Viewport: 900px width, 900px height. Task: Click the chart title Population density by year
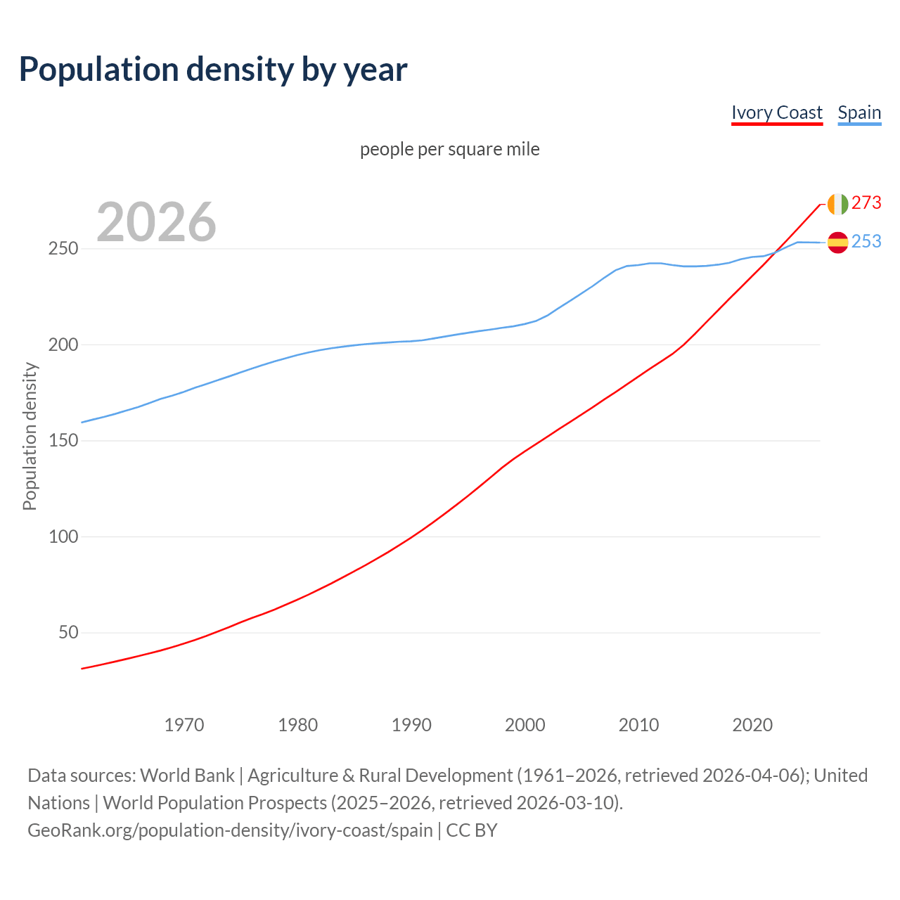coord(213,70)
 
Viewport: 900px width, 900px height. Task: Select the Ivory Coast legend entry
coord(776,112)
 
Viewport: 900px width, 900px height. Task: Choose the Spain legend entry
coord(859,112)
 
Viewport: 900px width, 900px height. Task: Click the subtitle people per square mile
coord(449,150)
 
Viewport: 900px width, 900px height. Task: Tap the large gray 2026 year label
coord(156,222)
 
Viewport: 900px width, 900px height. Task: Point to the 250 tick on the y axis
coord(63,249)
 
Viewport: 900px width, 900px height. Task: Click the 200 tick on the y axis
coord(63,345)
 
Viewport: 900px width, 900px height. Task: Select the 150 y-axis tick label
coord(63,441)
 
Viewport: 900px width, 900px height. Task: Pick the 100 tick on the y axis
coord(63,537)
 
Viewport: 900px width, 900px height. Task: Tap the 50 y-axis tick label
coord(68,633)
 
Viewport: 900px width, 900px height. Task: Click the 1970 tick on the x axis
coord(184,725)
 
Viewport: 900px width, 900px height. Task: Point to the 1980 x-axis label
coord(298,725)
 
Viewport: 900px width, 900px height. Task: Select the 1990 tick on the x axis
coord(411,725)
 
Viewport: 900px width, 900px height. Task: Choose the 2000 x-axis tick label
coord(525,725)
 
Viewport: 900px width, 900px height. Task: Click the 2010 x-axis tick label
coord(638,725)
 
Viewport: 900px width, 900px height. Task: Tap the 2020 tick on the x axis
coord(752,725)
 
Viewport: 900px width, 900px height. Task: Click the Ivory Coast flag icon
coord(837,204)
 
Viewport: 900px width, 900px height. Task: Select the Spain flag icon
coord(837,243)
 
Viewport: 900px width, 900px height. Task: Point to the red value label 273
coord(866,203)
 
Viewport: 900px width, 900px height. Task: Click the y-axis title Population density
coord(30,436)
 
